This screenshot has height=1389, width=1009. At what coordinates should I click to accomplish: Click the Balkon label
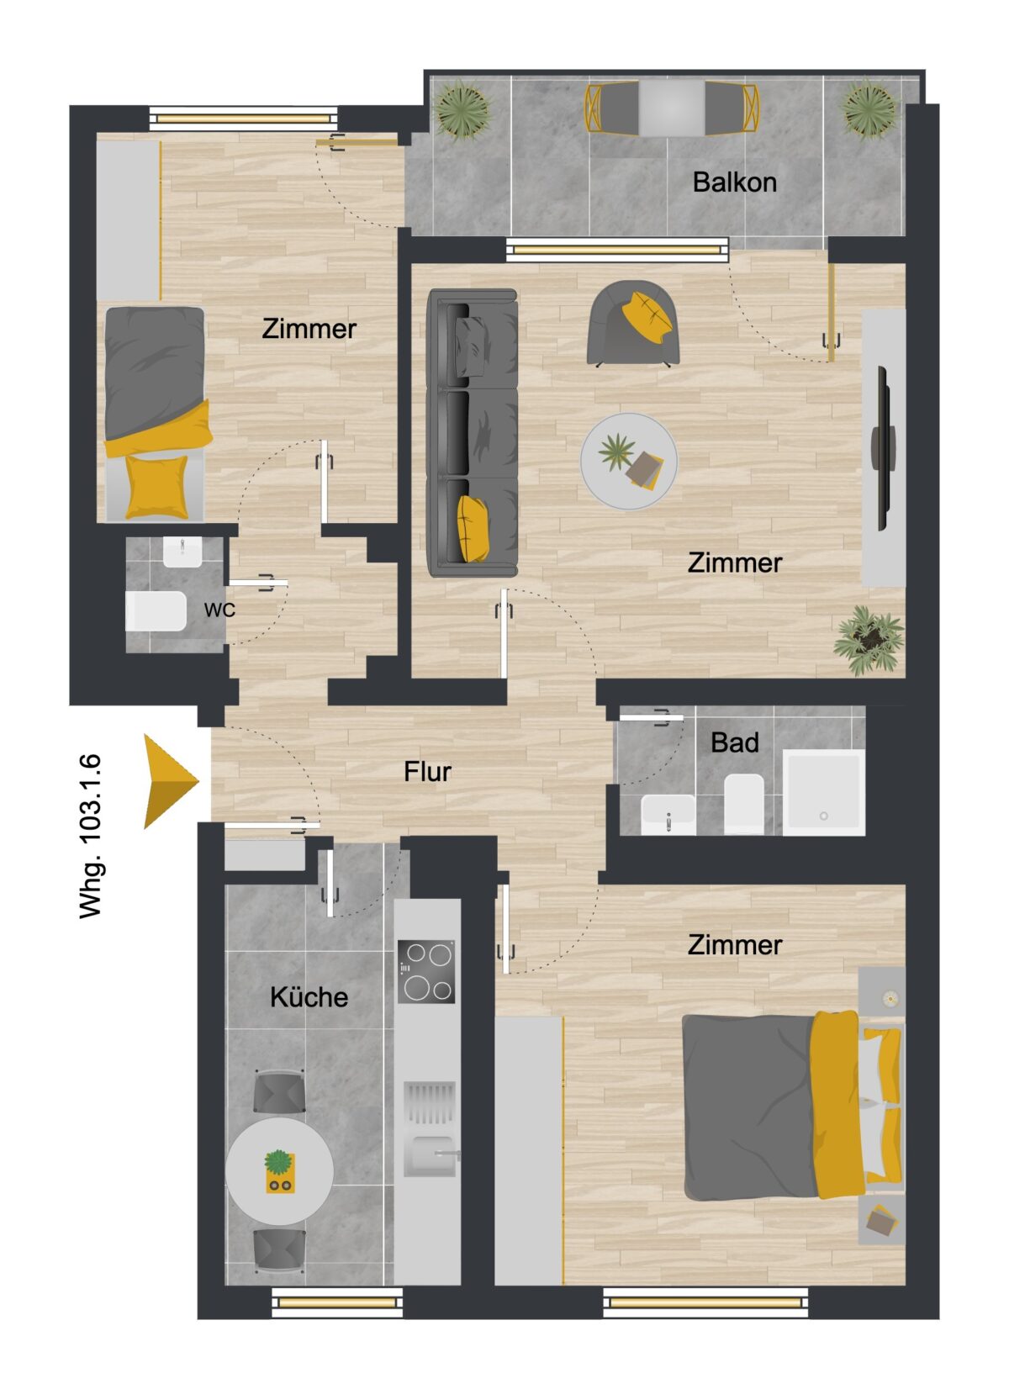click(x=734, y=182)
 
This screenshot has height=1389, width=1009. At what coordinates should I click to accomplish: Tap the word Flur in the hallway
click(x=427, y=771)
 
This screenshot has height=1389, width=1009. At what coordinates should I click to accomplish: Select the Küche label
click(x=309, y=997)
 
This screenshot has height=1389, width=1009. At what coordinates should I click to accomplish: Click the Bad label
click(x=734, y=742)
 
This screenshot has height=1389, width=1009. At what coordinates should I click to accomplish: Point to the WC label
click(x=219, y=610)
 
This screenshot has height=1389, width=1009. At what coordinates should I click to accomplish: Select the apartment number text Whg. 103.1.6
click(x=91, y=837)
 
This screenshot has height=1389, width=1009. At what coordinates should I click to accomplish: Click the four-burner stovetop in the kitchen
click(x=426, y=972)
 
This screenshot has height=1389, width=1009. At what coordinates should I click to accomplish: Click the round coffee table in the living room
click(x=629, y=462)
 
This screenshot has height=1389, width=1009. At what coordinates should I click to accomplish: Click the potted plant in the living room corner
click(x=869, y=639)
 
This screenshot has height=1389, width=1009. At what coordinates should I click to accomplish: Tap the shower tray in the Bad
click(x=823, y=792)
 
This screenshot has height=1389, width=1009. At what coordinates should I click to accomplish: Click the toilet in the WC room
click(x=156, y=610)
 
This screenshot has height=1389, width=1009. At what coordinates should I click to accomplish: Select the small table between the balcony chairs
click(x=672, y=108)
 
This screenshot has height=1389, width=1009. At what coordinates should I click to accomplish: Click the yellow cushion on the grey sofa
click(x=473, y=529)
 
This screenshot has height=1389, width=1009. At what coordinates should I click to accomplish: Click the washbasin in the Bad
click(x=668, y=815)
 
